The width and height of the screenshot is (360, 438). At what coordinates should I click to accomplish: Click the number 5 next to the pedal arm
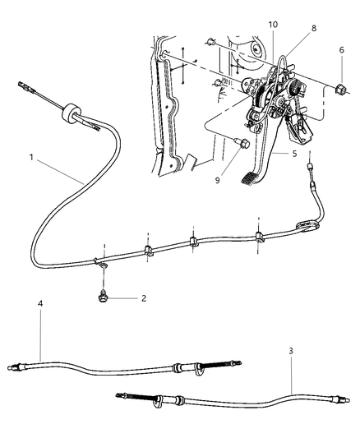(293, 154)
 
